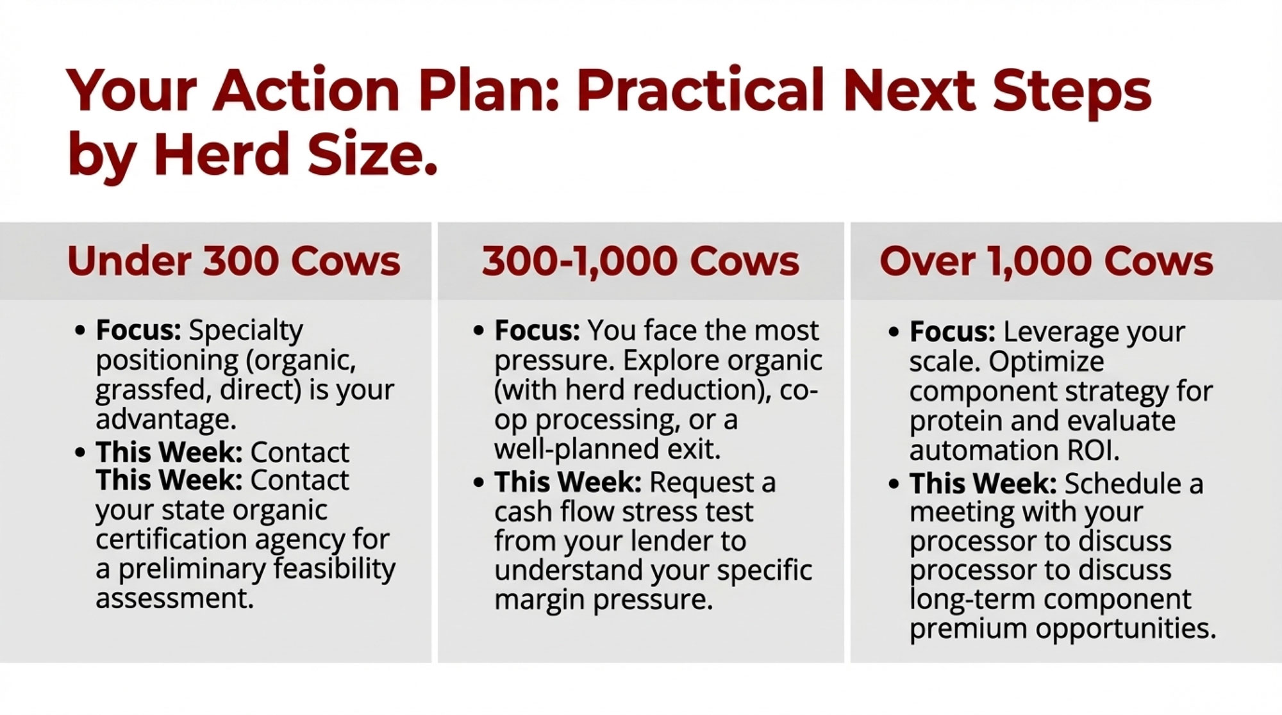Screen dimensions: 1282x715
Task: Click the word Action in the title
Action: tap(306, 90)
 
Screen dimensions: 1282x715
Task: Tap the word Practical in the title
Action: tap(699, 90)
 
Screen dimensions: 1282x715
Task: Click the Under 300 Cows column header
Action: tap(234, 261)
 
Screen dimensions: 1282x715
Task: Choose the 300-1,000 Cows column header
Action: tap(641, 261)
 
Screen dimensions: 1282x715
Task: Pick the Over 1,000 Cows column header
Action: tap(1046, 261)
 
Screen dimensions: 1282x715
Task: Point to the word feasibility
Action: tap(335, 569)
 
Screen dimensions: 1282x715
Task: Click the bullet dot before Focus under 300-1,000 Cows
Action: tap(478, 332)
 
